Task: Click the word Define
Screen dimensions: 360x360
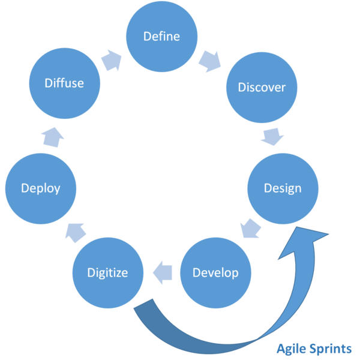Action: (x=161, y=36)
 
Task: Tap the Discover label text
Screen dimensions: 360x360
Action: (x=262, y=87)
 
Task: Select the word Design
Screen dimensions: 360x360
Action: (x=283, y=189)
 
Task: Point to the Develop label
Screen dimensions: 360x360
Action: (x=215, y=273)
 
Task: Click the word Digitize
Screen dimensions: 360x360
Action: (x=107, y=273)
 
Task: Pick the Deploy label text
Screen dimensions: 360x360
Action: (x=41, y=189)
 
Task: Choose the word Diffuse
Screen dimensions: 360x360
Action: (x=64, y=83)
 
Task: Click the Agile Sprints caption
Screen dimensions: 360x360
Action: (x=314, y=349)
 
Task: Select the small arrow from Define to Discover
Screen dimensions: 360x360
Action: (x=210, y=61)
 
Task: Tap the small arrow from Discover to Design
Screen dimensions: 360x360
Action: (x=272, y=136)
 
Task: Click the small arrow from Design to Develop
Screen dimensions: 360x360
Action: (x=251, y=229)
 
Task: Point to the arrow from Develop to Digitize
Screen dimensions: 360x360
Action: (x=163, y=273)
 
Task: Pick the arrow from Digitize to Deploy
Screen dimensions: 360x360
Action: (x=76, y=233)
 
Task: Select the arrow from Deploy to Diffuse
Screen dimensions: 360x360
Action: (x=53, y=137)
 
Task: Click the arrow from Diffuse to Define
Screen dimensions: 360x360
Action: (x=112, y=60)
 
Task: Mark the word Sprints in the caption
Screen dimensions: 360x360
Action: (x=331, y=349)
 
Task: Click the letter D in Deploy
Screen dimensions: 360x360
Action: (x=25, y=188)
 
